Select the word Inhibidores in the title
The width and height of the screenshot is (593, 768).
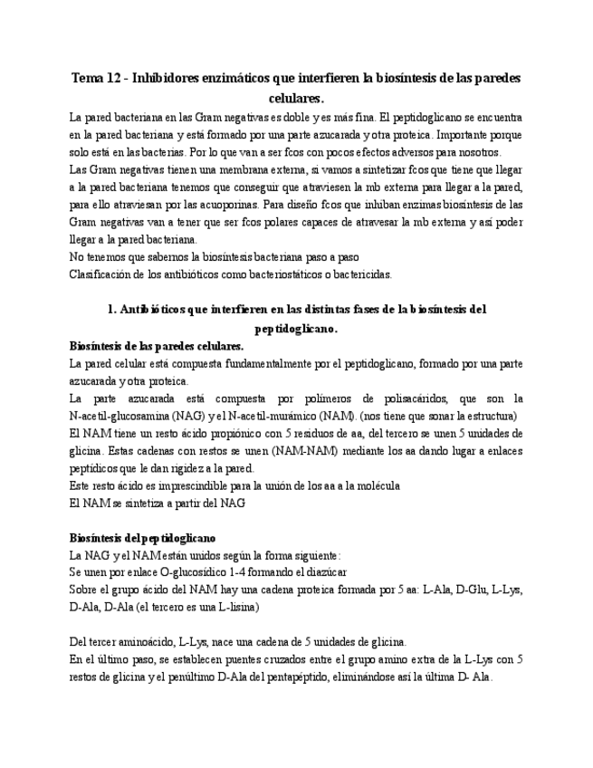pos(173,78)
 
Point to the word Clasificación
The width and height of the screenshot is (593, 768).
pos(103,274)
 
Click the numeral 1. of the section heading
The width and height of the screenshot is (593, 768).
pos(112,310)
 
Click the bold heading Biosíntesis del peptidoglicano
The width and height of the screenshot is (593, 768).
pos(142,538)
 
